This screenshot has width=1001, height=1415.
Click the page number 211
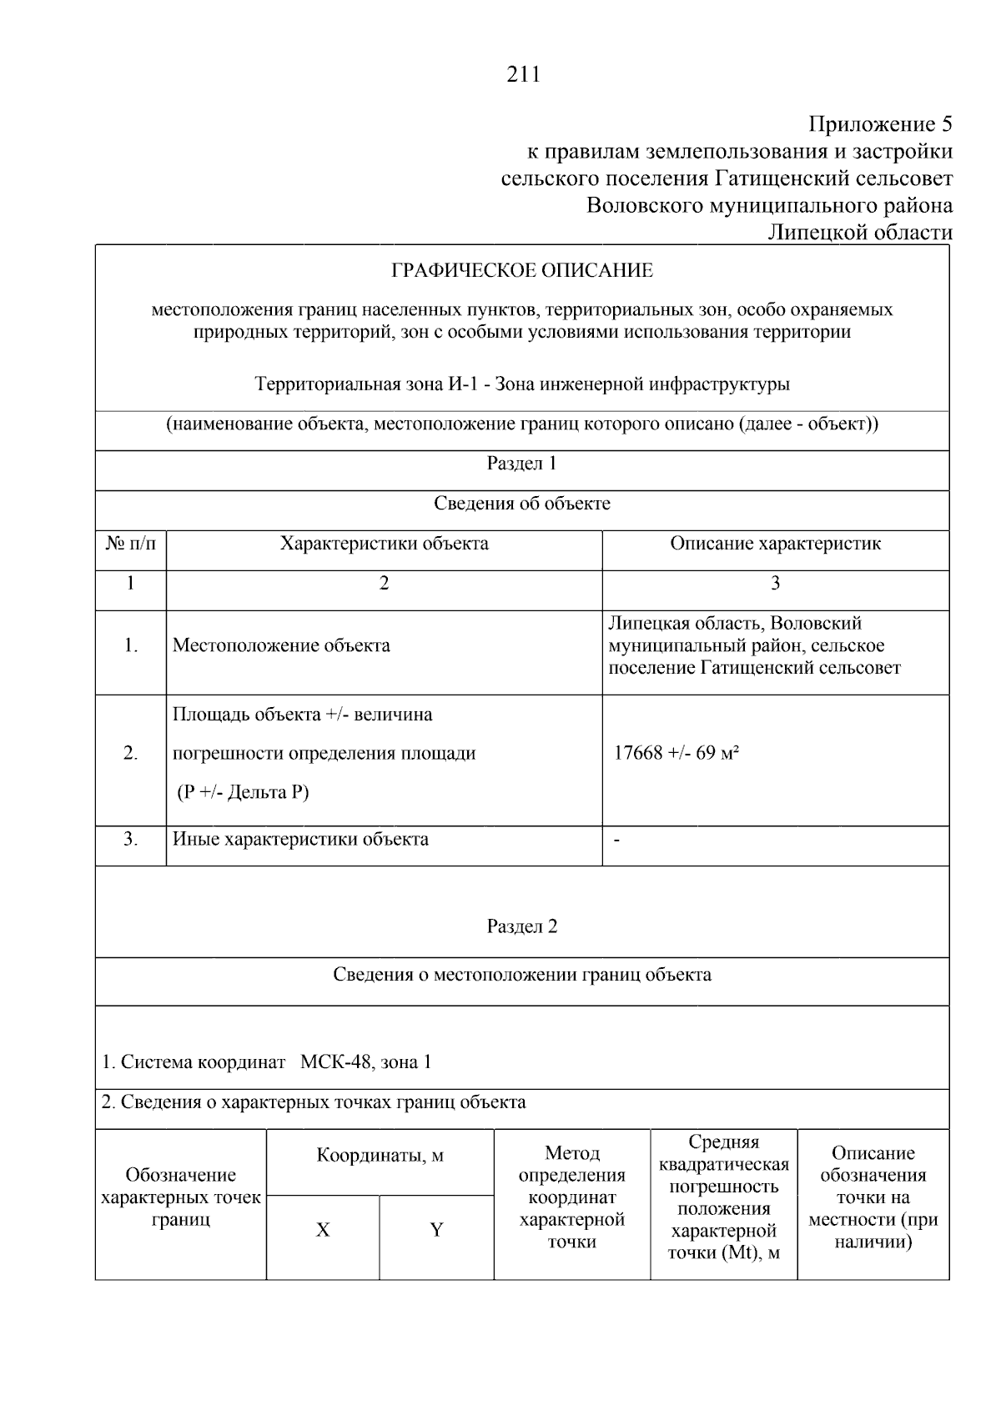[x=523, y=75]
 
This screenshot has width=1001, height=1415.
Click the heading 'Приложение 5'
[x=880, y=125]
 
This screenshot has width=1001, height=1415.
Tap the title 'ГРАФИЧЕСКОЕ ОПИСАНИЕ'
[x=522, y=271]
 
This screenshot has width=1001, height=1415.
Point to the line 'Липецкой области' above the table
[x=859, y=233]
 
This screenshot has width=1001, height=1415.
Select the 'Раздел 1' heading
[x=522, y=464]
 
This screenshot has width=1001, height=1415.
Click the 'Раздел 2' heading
[x=522, y=927]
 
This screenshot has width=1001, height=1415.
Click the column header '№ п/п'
[x=131, y=544]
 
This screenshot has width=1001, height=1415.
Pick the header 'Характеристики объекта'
[x=384, y=544]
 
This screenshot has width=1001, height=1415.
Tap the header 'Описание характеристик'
[x=775, y=544]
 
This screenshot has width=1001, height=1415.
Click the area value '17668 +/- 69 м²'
[x=677, y=754]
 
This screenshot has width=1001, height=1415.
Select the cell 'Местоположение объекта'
[x=281, y=646]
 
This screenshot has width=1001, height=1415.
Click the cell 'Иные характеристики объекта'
[x=300, y=840]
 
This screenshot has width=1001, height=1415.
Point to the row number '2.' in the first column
[x=131, y=754]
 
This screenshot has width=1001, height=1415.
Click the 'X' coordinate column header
[x=323, y=1231]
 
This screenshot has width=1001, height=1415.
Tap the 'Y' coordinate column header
[x=436, y=1231]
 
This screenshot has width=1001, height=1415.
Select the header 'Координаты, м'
[x=380, y=1157]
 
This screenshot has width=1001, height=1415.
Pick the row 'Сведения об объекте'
[x=522, y=504]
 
